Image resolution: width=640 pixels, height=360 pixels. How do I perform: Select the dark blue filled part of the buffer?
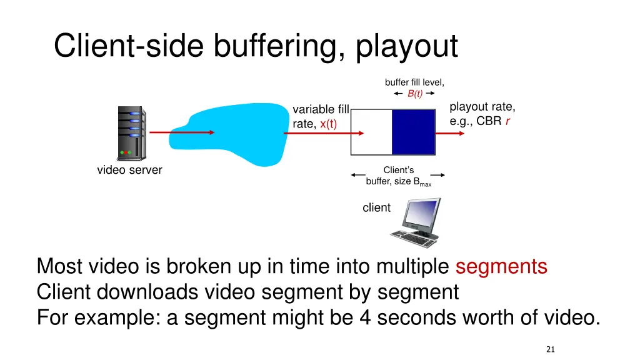coord(413,131)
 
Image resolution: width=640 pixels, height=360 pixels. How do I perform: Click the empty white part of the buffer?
coord(371,131)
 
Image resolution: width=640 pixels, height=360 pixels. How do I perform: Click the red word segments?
coord(501,266)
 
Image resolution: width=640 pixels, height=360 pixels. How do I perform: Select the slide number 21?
coord(550,349)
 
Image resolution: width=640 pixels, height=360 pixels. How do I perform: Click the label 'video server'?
coord(129,170)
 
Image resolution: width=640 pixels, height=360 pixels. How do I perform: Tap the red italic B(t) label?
coord(415,94)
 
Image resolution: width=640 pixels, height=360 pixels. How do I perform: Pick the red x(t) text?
coord(328,124)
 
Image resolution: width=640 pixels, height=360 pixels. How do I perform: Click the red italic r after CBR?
coord(508,121)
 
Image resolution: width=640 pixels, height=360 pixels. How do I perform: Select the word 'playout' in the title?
coord(407,47)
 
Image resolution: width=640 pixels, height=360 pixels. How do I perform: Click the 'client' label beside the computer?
coord(376,207)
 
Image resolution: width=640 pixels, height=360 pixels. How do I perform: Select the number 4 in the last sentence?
coord(366,317)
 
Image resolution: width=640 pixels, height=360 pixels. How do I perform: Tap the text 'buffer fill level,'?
coord(414,82)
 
